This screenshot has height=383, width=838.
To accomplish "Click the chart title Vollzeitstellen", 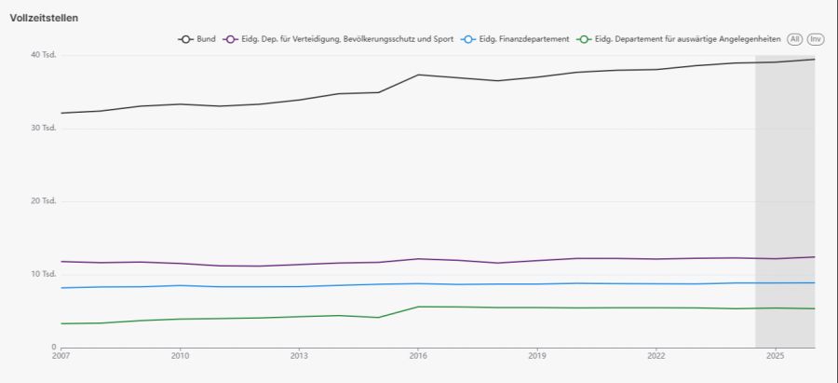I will [x=44, y=18].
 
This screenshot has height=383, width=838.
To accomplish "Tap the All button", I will [x=794, y=39].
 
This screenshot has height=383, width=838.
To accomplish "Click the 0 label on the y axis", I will [x=53, y=347].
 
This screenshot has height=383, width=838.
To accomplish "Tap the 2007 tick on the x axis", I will [x=61, y=356].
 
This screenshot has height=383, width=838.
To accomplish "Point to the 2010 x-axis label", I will [x=181, y=356].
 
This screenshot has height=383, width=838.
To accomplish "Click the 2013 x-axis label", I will [x=299, y=356].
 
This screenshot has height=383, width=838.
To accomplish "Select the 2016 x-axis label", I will [x=418, y=356].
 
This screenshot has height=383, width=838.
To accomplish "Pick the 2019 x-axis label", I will [x=537, y=356].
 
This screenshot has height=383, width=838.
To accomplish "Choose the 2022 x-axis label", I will [x=656, y=356].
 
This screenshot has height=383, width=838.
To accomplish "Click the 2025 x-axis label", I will [x=775, y=356].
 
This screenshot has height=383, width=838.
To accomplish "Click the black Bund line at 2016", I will [x=418, y=75].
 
